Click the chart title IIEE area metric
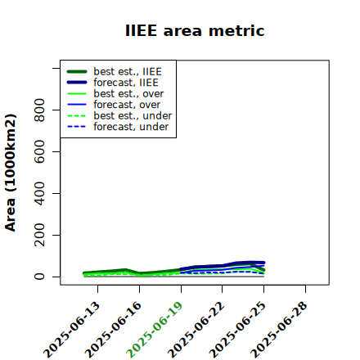tap(195, 30)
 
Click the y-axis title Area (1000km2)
tap(11, 173)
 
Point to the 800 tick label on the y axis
tap(39, 110)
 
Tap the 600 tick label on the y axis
tap(39, 151)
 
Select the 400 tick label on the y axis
tap(39, 193)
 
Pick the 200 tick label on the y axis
tap(39, 235)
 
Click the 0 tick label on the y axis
tap(39, 277)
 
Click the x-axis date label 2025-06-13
tap(72, 330)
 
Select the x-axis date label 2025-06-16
tap(114, 330)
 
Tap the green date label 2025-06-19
tap(155, 330)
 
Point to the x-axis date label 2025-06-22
tap(196, 330)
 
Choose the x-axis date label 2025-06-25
tap(238, 330)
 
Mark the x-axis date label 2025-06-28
tap(279, 330)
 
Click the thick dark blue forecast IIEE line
tap(223, 266)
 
